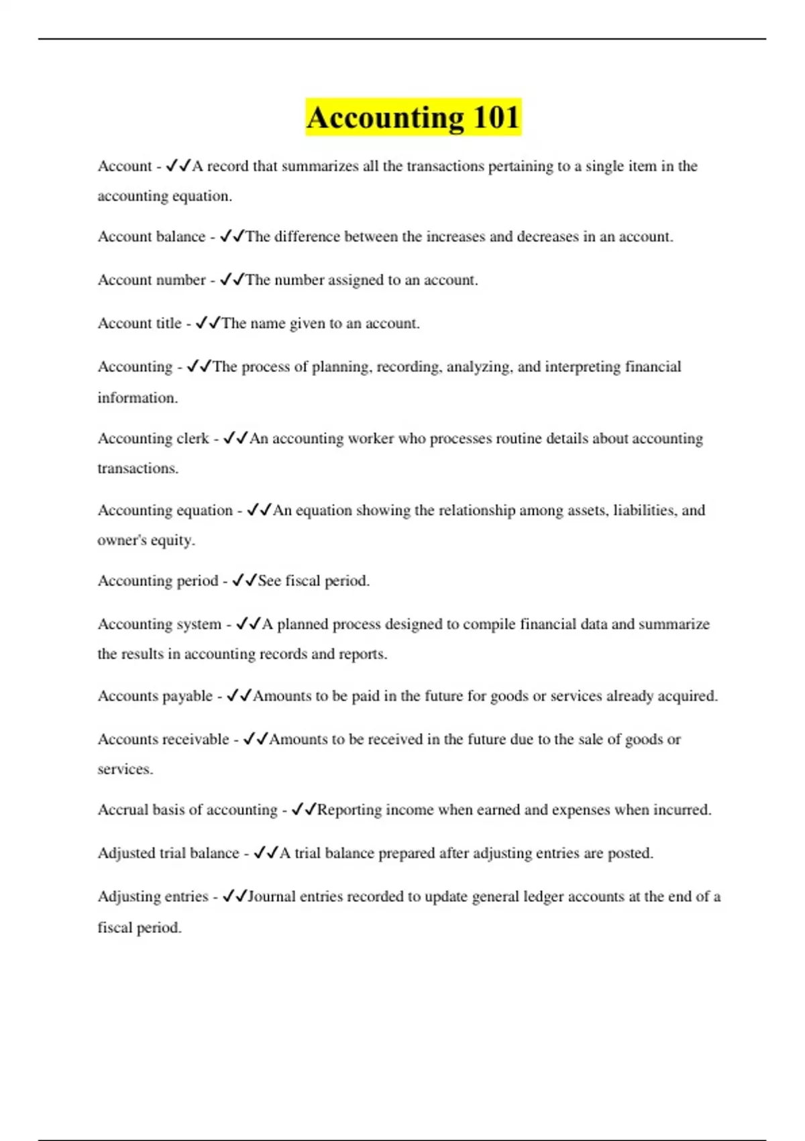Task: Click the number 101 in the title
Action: pyautogui.click(x=496, y=117)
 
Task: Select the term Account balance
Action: pyautogui.click(x=152, y=236)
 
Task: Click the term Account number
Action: pyautogui.click(x=152, y=280)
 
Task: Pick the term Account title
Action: pyautogui.click(x=140, y=324)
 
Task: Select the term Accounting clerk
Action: pyautogui.click(x=154, y=438)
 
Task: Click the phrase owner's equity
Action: pyautogui.click(x=146, y=540)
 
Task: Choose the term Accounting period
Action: pyautogui.click(x=158, y=581)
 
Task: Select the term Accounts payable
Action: pyautogui.click(x=155, y=696)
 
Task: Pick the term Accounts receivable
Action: pyautogui.click(x=164, y=739)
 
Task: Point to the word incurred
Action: pyautogui.click(x=682, y=810)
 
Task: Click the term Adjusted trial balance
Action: pyautogui.click(x=168, y=853)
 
